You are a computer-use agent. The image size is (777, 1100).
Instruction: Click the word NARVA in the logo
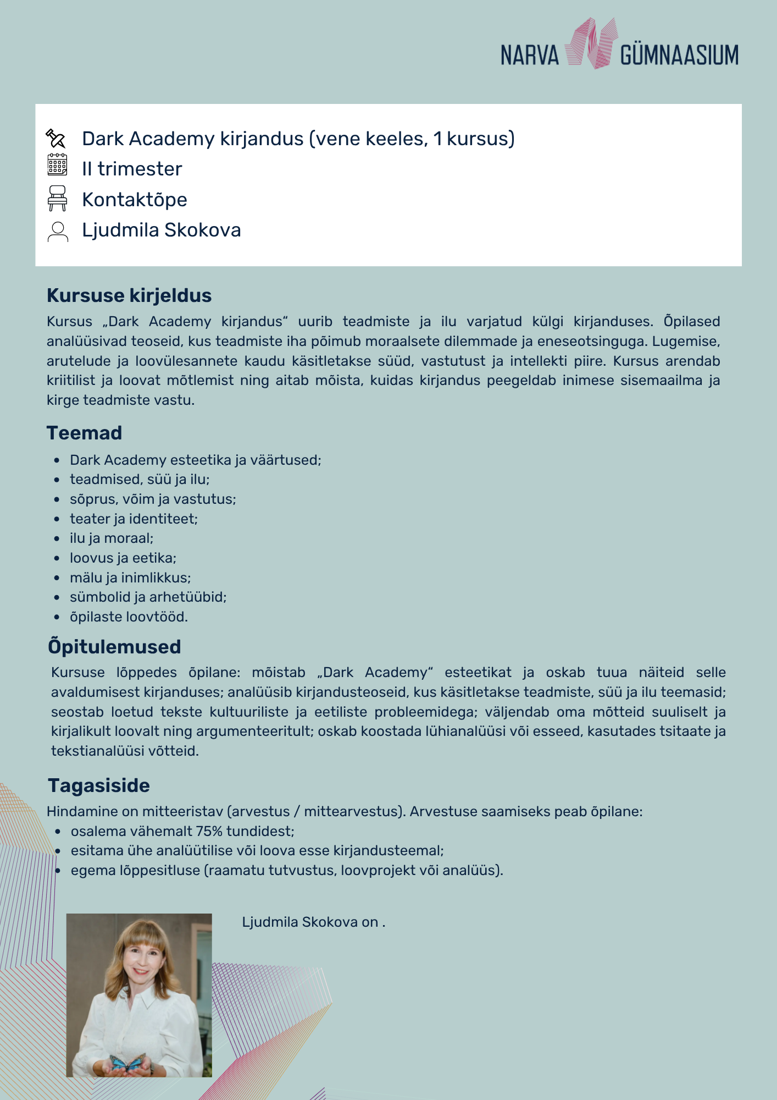click(x=529, y=56)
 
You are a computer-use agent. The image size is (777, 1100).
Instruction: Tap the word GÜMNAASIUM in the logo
click(x=679, y=56)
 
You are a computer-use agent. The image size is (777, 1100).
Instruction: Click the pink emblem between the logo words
click(x=590, y=44)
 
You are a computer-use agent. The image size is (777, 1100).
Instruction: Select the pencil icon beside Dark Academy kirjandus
click(x=56, y=139)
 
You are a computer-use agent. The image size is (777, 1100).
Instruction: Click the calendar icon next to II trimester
click(x=57, y=165)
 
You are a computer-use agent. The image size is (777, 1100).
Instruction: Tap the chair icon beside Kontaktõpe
click(x=57, y=198)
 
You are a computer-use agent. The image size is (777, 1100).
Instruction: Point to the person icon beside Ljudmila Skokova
click(x=58, y=232)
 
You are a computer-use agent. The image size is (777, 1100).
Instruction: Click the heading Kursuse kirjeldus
click(x=129, y=295)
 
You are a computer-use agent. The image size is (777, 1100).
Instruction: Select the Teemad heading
click(x=84, y=433)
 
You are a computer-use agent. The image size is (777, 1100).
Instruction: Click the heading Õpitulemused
click(x=114, y=647)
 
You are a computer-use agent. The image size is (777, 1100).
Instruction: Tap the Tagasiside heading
click(x=99, y=785)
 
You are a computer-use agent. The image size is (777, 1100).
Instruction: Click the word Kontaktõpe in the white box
click(x=135, y=200)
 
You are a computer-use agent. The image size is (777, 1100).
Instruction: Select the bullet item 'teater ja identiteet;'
click(x=134, y=519)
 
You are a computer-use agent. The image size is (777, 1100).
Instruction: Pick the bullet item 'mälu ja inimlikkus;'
click(x=130, y=577)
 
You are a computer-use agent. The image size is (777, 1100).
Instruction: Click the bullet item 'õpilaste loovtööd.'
click(x=129, y=617)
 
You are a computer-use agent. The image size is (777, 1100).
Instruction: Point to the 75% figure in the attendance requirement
click(x=209, y=831)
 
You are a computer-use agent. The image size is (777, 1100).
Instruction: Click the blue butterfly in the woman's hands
click(x=127, y=1062)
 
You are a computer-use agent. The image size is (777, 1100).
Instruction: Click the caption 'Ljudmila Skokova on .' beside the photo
click(x=313, y=922)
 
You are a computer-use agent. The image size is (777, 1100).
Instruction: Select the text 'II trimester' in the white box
click(x=132, y=169)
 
